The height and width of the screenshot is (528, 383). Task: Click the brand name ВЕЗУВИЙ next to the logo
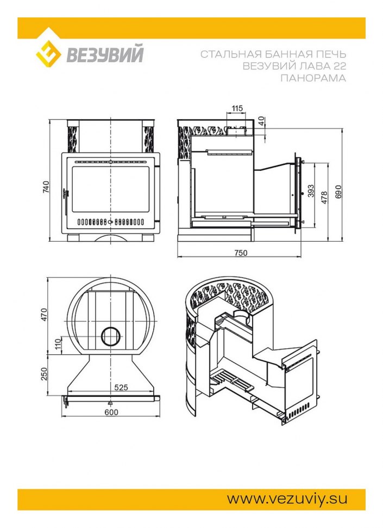105,54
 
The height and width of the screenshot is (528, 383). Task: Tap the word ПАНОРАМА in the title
313,78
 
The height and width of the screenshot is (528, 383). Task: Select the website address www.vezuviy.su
287,499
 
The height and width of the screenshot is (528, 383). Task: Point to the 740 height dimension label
46,187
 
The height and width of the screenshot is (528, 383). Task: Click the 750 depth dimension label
241,253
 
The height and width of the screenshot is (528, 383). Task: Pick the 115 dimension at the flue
237,108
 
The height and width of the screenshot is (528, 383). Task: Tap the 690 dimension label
338,192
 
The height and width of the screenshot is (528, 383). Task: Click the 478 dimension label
324,198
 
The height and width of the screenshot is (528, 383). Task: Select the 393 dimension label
311,191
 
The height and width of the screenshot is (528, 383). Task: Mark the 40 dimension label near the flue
262,120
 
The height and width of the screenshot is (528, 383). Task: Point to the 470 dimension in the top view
45,315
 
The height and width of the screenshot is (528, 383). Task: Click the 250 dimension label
45,374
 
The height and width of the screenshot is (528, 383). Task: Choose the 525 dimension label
121,387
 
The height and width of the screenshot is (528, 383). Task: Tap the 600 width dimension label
111,412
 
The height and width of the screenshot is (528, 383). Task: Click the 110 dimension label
58,344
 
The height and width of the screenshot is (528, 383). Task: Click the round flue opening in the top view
110,336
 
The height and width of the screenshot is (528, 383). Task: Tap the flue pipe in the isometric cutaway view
241,317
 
